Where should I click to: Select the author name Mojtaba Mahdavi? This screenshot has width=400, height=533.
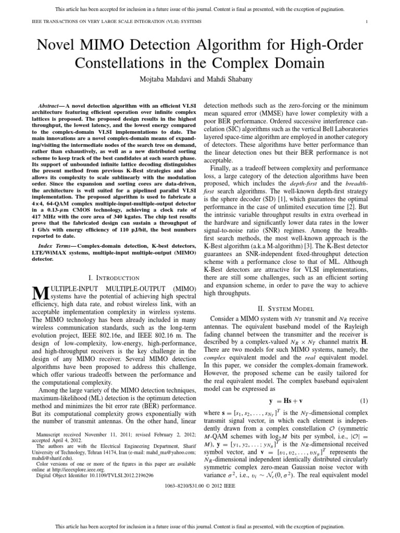coord(164,81)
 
